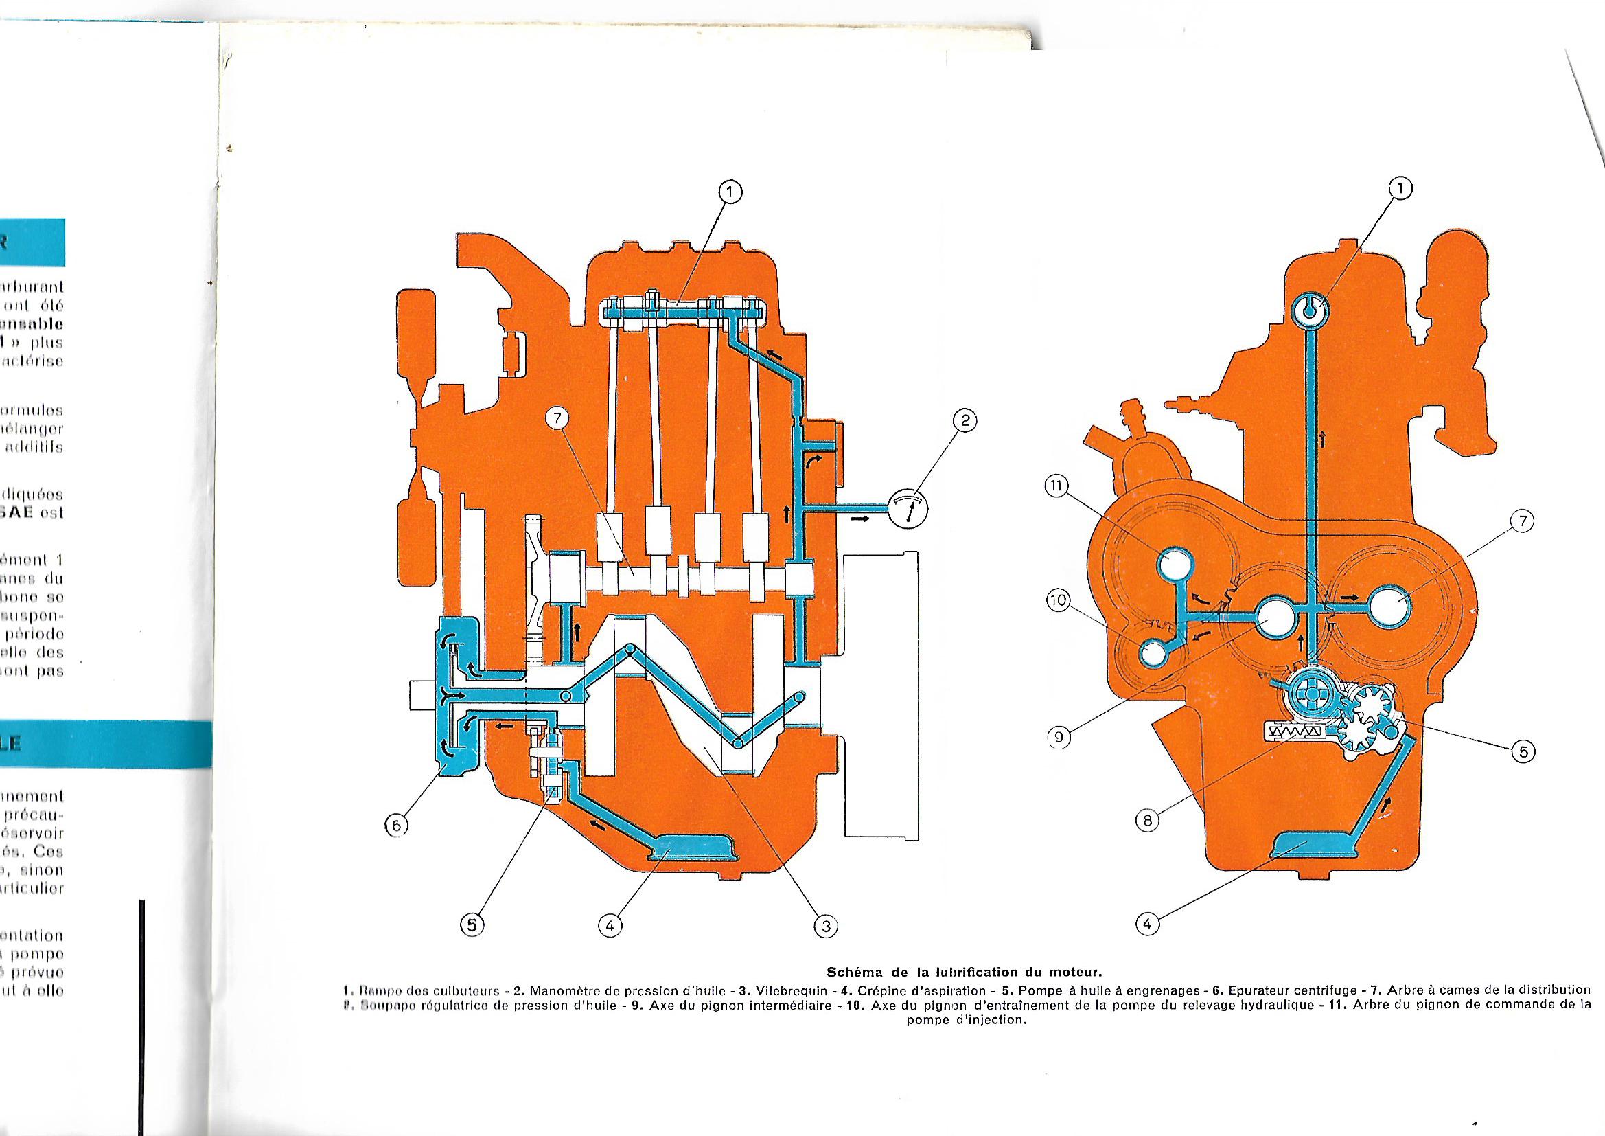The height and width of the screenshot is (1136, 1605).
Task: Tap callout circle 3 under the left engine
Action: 825,925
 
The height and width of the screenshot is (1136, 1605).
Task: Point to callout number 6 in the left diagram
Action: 395,826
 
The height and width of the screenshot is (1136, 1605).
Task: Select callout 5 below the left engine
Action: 471,924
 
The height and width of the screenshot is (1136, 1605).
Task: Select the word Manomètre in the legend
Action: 564,990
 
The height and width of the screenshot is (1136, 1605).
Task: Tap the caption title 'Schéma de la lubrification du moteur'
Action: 965,972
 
